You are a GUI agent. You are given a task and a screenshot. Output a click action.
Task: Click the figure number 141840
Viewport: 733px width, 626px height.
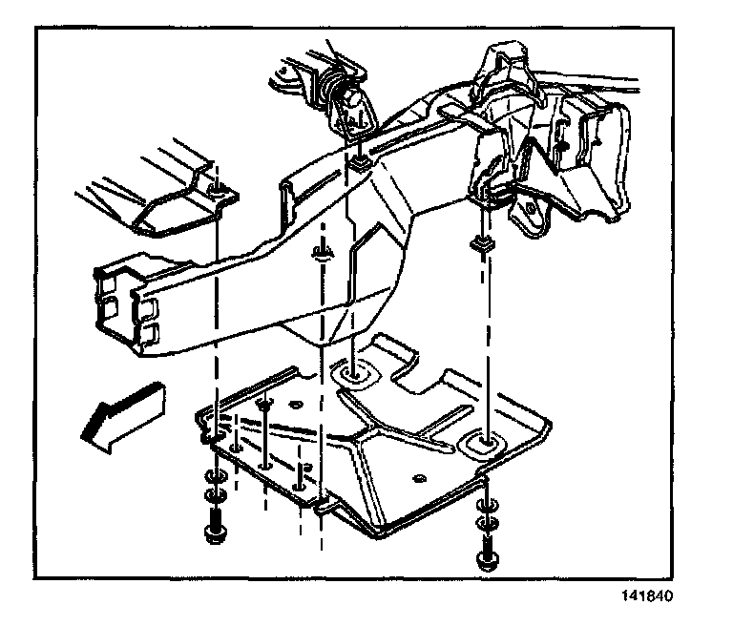click(x=647, y=600)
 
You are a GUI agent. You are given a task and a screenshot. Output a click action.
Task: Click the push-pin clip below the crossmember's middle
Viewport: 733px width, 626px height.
click(x=322, y=252)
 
